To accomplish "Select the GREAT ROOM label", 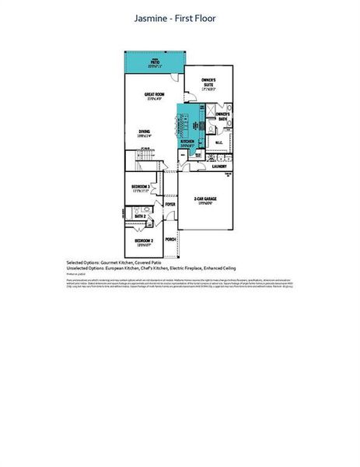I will (152, 95).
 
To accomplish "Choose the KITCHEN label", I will (187, 141).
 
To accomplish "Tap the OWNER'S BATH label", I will (222, 115).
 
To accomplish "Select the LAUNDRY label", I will (219, 166).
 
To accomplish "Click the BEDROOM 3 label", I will (141, 187).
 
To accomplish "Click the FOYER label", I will (170, 204).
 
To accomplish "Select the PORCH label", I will (170, 240).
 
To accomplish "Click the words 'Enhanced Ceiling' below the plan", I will (221, 269).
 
